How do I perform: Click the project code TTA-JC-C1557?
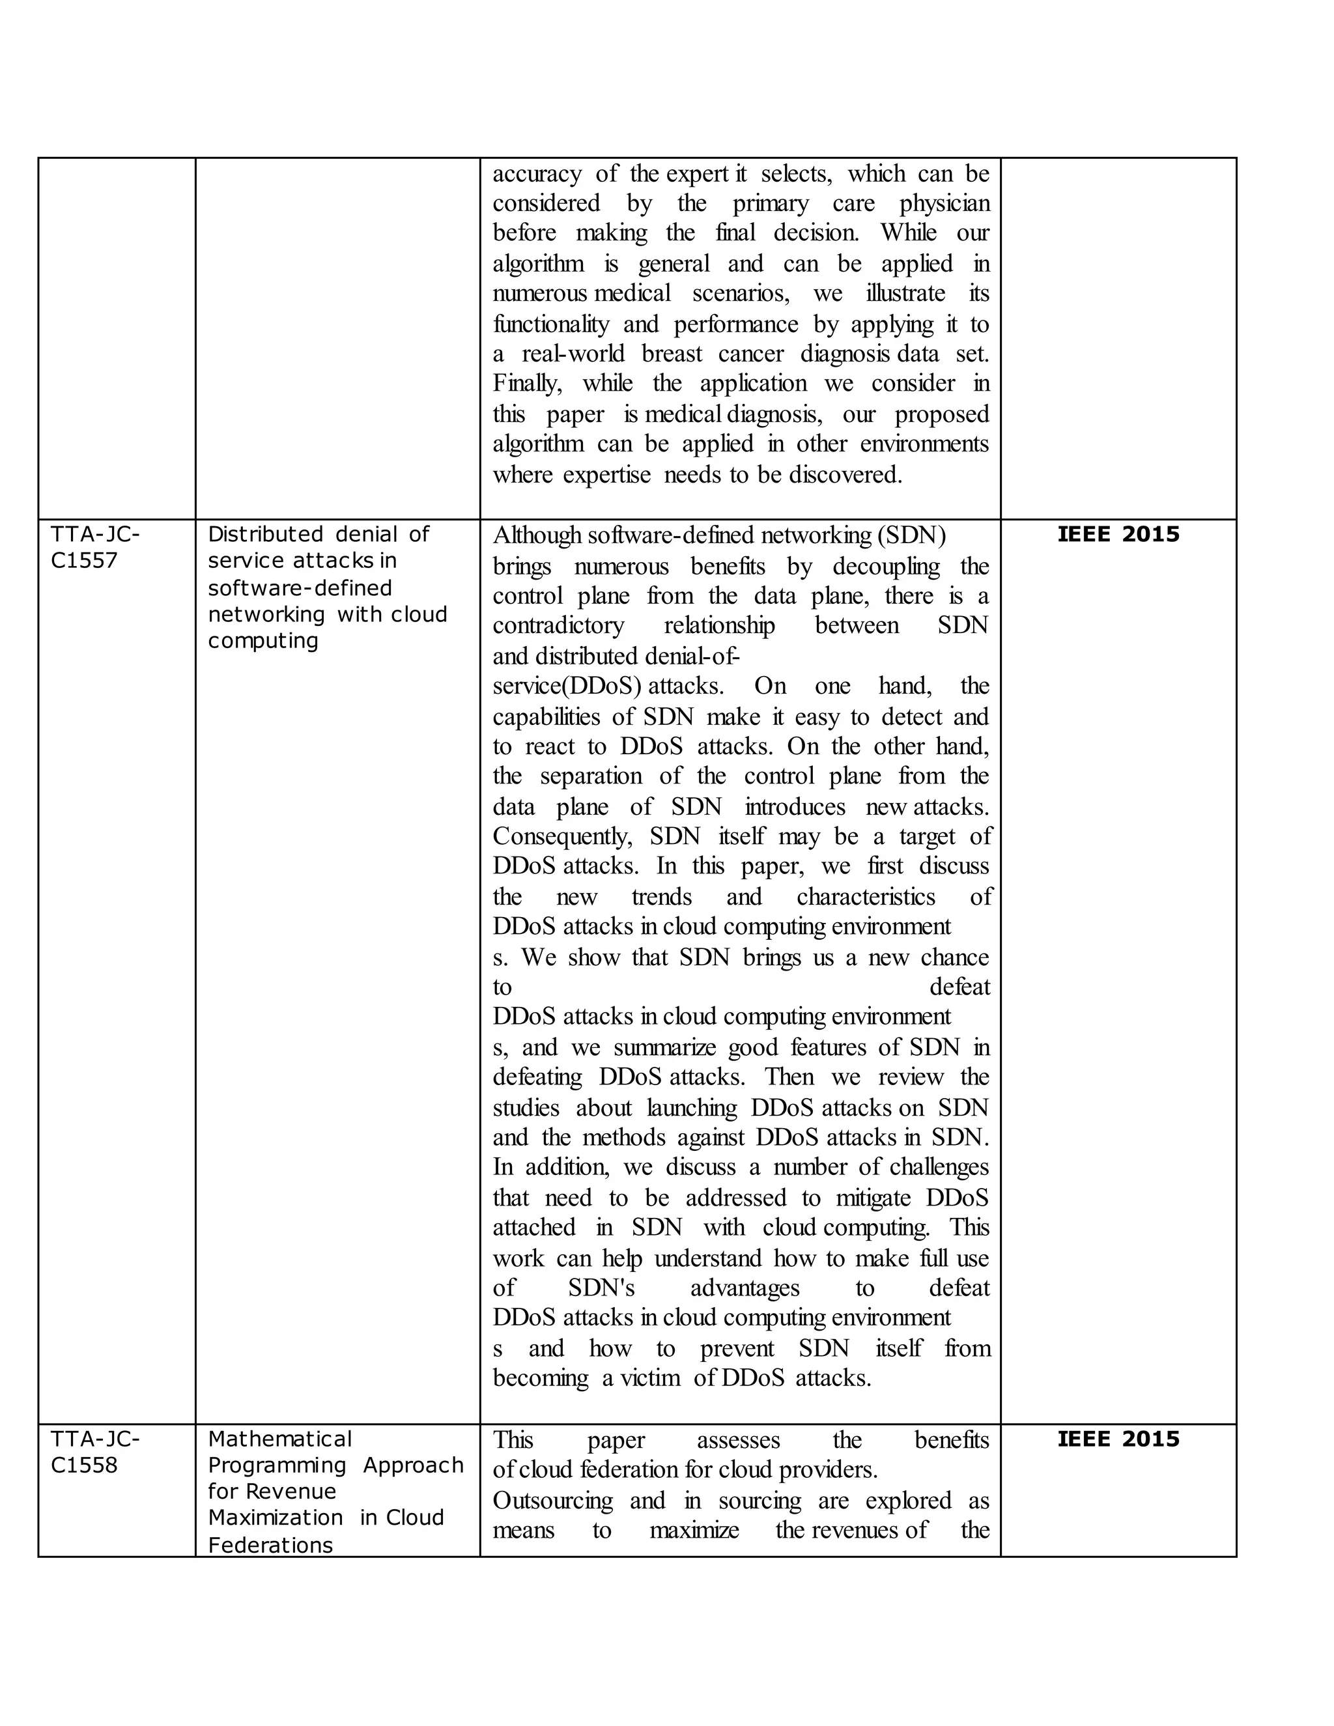tap(95, 548)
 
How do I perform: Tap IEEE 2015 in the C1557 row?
tap(1118, 535)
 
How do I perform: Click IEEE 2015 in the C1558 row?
tap(1118, 1439)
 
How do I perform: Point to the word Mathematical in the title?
tap(279, 1439)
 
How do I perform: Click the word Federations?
tap(270, 1545)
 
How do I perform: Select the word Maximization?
tap(275, 1518)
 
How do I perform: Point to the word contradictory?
tap(558, 625)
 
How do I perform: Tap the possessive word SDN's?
tap(601, 1288)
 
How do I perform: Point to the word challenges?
tap(939, 1167)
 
